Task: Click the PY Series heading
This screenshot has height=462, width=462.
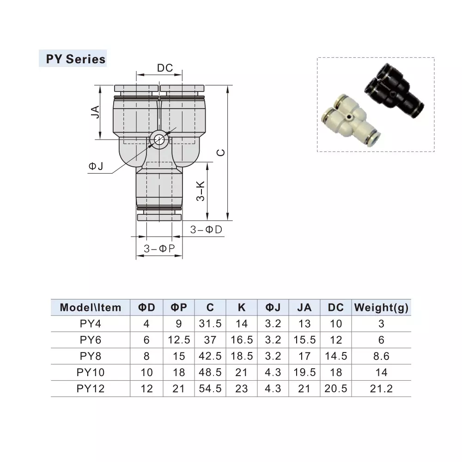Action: point(75,59)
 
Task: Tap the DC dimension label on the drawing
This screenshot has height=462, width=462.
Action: point(165,68)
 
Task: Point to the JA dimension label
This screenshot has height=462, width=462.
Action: point(95,112)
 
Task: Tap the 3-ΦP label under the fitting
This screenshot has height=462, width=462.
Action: point(159,249)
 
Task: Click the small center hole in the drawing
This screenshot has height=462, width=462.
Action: point(159,139)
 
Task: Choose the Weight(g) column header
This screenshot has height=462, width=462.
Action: point(381,308)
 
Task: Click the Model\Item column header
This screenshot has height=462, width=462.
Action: point(91,308)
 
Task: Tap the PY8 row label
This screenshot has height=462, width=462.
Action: point(91,356)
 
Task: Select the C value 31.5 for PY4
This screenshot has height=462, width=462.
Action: point(210,324)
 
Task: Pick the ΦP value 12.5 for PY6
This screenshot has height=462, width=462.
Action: point(179,340)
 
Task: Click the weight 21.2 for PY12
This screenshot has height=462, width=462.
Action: point(381,389)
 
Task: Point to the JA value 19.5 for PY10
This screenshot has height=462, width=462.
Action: point(304,372)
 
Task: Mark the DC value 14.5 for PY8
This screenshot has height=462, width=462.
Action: point(336,356)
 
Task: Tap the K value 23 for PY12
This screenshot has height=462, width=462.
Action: point(242,389)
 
